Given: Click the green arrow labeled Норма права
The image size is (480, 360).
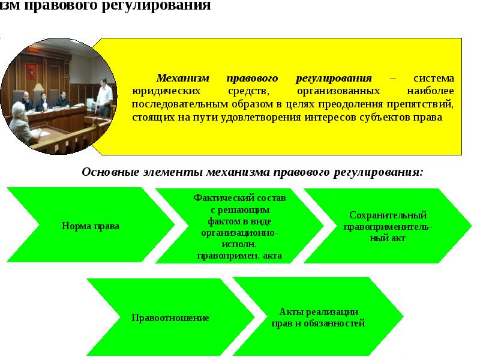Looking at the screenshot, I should coord(91,226).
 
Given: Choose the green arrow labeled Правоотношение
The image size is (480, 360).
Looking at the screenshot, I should coord(170,317).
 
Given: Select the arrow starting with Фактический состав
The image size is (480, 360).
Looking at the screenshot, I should coord(239,226).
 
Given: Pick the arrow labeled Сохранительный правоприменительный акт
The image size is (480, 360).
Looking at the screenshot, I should coord(388,226).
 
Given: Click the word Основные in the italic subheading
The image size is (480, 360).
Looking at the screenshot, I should coord(107,172).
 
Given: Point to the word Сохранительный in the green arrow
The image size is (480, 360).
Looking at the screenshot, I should coord(388,215).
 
